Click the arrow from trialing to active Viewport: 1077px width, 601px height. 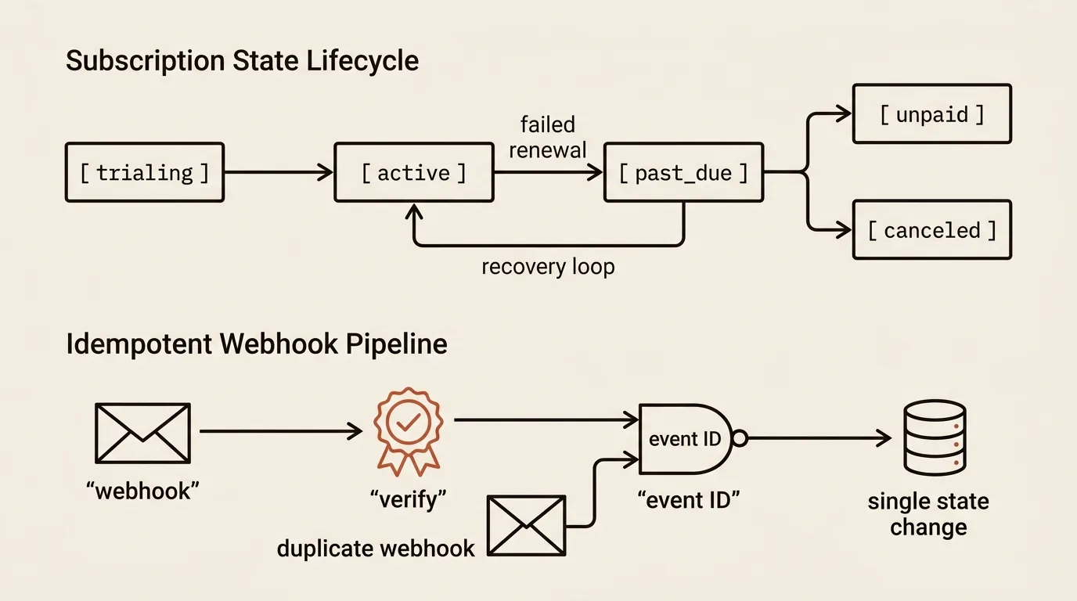click(x=279, y=172)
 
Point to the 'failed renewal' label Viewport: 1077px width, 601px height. click(x=548, y=138)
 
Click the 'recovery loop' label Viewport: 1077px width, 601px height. click(x=548, y=266)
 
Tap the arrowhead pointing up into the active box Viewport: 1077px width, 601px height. click(x=414, y=211)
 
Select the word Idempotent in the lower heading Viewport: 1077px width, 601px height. click(x=139, y=344)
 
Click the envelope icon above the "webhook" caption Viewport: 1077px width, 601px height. click(x=142, y=434)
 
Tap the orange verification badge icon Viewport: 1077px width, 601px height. click(x=409, y=431)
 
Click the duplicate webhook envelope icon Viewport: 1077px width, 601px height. click(x=527, y=526)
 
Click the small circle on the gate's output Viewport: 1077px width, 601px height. click(x=740, y=438)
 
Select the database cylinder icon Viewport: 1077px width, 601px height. click(x=935, y=437)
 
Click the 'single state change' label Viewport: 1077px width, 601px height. click(x=928, y=514)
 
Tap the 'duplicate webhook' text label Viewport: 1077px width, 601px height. click(x=376, y=549)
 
